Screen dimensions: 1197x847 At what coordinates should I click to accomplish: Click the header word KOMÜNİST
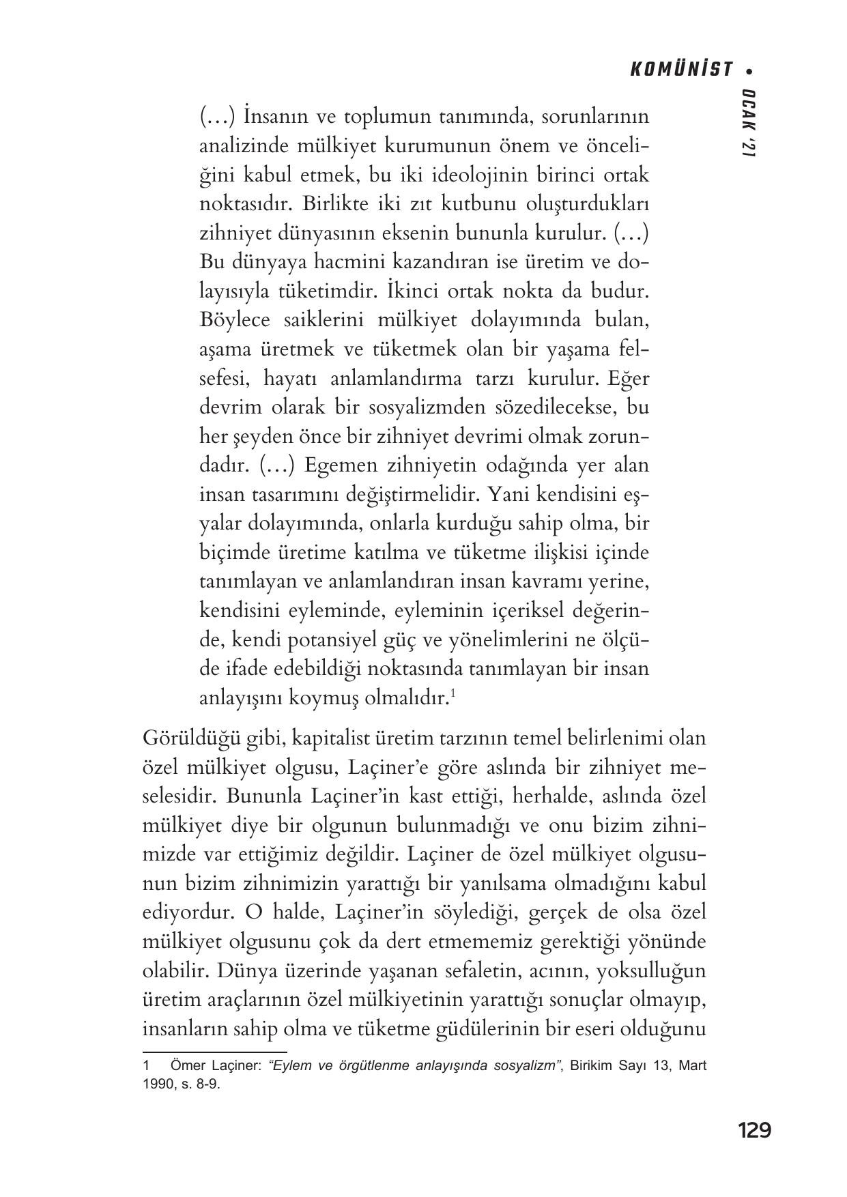click(680, 70)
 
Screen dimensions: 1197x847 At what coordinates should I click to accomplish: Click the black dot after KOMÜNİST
click(749, 70)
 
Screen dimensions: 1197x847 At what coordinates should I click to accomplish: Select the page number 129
click(753, 1130)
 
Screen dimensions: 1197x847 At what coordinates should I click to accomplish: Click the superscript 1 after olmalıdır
click(453, 694)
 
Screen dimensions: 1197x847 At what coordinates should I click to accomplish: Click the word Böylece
click(233, 319)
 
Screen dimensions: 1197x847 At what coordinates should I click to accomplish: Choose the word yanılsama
click(496, 883)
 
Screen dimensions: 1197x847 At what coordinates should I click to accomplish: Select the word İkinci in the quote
click(410, 291)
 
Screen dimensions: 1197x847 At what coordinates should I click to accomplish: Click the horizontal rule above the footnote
click(214, 1052)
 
